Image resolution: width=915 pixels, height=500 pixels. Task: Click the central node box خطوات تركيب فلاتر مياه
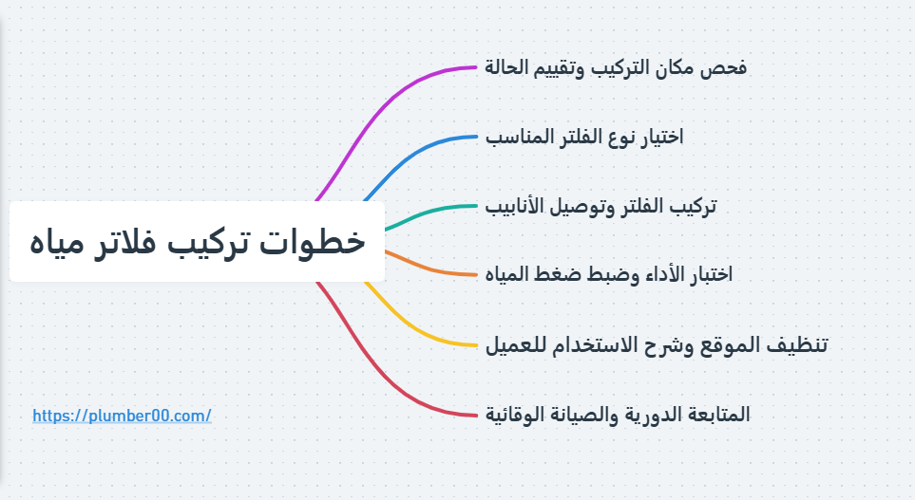pyautogui.click(x=197, y=241)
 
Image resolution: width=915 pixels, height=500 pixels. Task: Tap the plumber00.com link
pyautogui.click(x=122, y=416)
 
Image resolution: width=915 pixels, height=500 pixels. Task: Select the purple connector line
pyautogui.click(x=380, y=113)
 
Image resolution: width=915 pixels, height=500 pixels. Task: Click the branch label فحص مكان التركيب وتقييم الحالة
pyautogui.click(x=616, y=68)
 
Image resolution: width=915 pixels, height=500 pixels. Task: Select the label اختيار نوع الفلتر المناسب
pyautogui.click(x=584, y=137)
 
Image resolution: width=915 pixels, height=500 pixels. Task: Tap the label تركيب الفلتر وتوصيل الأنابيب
pyautogui.click(x=600, y=206)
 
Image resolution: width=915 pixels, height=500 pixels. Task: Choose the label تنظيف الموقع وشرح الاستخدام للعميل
pyautogui.click(x=657, y=343)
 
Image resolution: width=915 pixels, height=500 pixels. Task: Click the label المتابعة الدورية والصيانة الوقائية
pyautogui.click(x=618, y=414)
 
